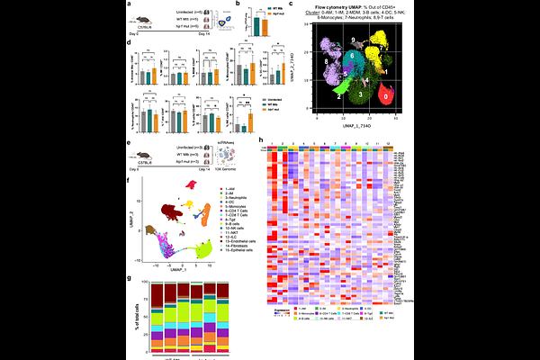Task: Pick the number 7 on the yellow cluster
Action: (x=382, y=42)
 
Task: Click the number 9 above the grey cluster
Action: (x=355, y=40)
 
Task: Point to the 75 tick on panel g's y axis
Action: (x=149, y=308)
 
